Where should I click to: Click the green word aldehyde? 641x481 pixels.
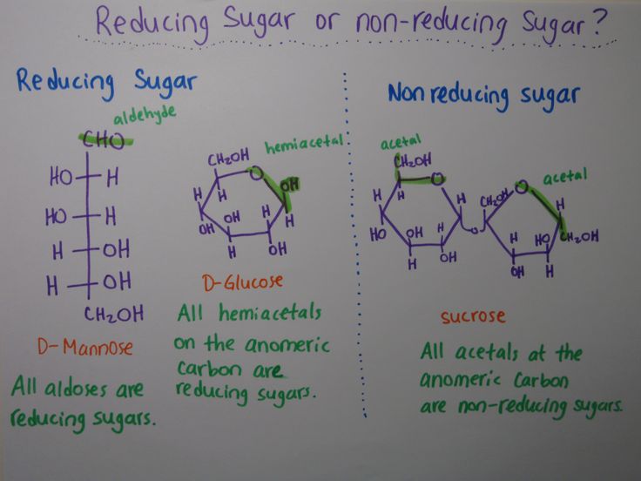[145, 115]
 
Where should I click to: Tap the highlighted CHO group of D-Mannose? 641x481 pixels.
[104, 140]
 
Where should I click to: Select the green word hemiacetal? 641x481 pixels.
[304, 144]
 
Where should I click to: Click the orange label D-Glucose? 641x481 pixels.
[242, 282]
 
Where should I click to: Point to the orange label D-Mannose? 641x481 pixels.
[85, 347]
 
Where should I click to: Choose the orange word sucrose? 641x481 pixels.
[473, 316]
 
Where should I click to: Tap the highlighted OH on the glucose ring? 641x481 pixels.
[290, 185]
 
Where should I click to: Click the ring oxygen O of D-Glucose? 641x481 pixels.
[256, 173]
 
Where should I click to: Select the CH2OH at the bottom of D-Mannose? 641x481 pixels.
[113, 314]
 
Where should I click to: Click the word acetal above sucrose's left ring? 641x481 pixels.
[401, 141]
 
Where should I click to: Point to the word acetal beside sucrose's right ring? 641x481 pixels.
[564, 176]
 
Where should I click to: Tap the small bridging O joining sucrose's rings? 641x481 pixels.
[474, 230]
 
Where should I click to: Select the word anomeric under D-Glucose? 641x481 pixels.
[287, 344]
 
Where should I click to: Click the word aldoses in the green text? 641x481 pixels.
[76, 389]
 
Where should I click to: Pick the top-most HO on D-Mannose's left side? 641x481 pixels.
[61, 177]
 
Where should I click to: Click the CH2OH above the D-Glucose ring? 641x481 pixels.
[228, 158]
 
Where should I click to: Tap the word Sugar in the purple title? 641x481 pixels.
[258, 20]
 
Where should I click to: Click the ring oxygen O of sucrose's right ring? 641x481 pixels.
[521, 187]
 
